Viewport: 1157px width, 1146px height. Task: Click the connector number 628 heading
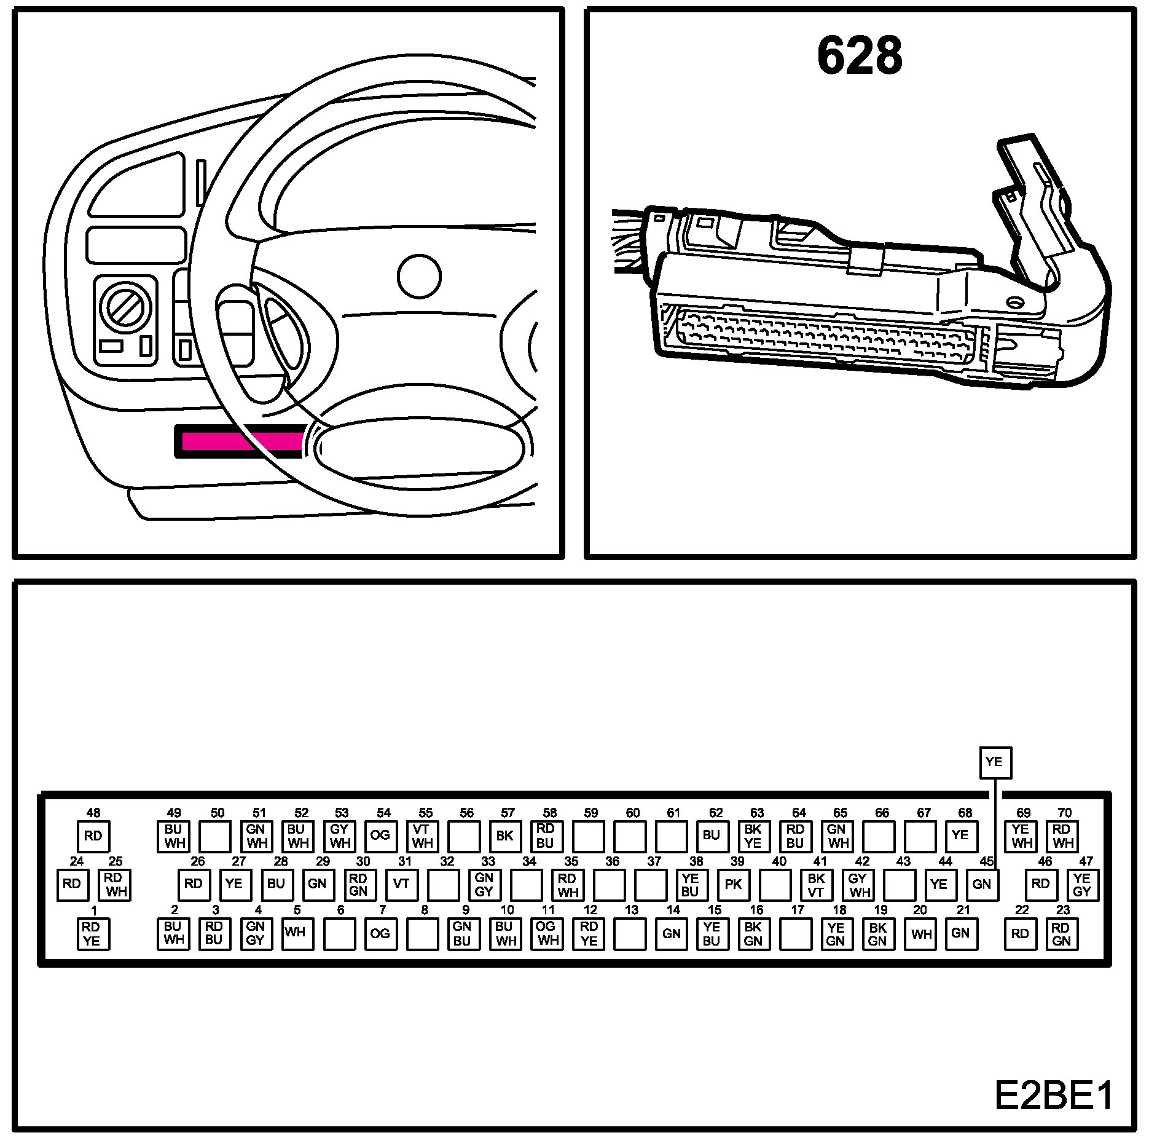pos(860,55)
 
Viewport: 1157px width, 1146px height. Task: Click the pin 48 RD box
pos(93,836)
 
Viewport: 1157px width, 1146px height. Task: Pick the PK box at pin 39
pos(734,884)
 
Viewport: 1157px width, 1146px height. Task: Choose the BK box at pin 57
pos(505,836)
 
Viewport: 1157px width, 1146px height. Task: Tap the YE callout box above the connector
pos(994,762)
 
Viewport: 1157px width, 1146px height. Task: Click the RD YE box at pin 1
pos(92,933)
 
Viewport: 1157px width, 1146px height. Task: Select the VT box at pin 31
pos(401,884)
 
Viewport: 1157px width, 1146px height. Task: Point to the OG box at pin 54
pos(380,836)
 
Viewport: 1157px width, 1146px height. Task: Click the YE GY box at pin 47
pos(1082,884)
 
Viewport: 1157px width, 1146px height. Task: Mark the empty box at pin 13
pos(630,933)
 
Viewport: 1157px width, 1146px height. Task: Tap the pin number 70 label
pos(1064,812)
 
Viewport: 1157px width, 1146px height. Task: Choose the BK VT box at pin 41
pos(817,884)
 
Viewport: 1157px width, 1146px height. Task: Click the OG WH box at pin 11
pos(546,933)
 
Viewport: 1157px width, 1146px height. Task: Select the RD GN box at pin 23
pos(1061,933)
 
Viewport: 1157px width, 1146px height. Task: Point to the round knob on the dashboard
pos(125,306)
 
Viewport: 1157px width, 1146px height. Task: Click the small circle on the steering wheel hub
pos(419,277)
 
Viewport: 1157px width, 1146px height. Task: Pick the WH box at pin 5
pos(296,933)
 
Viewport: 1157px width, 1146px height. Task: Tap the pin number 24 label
pos(76,861)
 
